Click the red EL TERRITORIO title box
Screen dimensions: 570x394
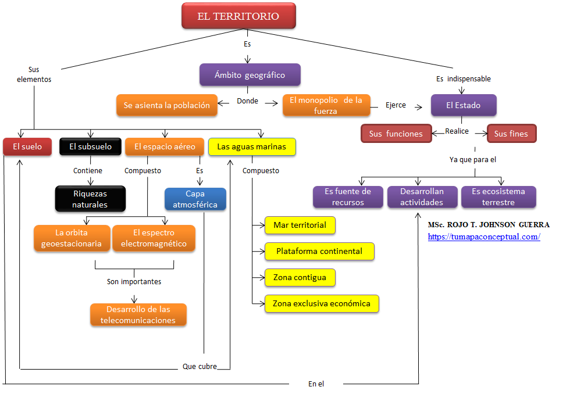coord(238,16)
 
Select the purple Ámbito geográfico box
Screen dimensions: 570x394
coord(250,75)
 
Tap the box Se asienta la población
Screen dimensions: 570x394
coord(167,105)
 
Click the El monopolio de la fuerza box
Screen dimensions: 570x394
coord(326,105)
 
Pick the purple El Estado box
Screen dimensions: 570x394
coord(464,105)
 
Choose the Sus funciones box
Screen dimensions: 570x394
coord(396,134)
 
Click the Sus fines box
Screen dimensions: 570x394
coord(511,134)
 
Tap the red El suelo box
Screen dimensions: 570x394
coord(27,146)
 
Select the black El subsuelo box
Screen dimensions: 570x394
coord(91,146)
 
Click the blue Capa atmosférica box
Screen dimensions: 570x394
coord(195,199)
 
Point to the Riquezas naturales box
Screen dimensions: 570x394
coord(90,199)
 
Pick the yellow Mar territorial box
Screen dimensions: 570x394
coord(300,225)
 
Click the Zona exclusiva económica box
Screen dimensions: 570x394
coord(322,303)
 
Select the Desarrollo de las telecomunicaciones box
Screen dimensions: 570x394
coord(138,315)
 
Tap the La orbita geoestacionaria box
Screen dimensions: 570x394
coord(72,238)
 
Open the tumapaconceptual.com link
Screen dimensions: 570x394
coord(484,237)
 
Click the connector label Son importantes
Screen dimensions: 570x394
coord(134,281)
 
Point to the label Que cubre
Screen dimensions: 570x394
coord(199,367)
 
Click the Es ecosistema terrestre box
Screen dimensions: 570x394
coord(498,197)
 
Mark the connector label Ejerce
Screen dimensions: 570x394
coord(396,105)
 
